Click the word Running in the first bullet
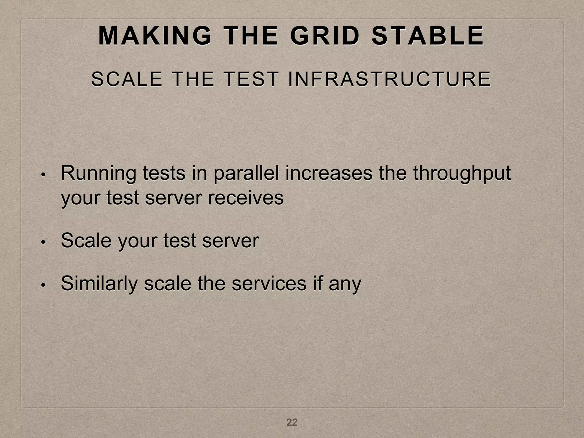(x=98, y=173)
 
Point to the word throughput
(x=462, y=173)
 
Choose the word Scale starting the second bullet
(x=86, y=240)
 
